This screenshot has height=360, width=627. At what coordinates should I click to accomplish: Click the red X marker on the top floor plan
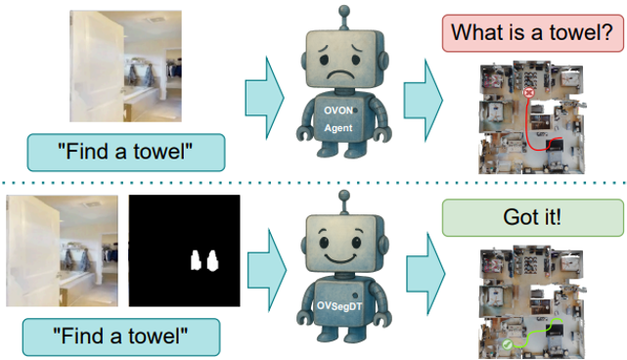coord(528,93)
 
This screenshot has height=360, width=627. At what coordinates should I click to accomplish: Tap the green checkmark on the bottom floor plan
coord(507,344)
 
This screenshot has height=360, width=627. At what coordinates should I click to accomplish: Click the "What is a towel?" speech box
coord(532,33)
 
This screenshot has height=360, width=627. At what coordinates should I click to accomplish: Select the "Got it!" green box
coord(532,217)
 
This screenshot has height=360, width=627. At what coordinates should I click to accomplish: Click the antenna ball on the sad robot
coord(344,11)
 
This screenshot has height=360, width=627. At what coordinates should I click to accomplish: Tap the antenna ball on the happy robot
coord(344,196)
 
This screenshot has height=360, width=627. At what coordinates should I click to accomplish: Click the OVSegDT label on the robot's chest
coord(339,306)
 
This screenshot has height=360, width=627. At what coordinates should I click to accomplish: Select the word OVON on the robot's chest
coord(338,111)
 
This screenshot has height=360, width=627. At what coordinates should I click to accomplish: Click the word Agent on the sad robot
coord(338,128)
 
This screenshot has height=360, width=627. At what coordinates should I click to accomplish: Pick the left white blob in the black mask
coord(195,260)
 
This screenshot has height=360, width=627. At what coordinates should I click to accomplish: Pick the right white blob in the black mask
coord(212,261)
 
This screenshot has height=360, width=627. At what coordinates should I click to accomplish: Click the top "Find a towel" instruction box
coord(126,153)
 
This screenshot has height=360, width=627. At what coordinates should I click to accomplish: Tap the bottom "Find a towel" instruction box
coord(121,337)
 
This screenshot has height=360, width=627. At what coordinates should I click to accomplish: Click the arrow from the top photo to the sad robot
coord(264,98)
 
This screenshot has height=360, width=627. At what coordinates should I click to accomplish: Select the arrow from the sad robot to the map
coord(424,100)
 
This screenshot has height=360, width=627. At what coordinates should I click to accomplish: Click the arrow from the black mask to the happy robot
coord(267,270)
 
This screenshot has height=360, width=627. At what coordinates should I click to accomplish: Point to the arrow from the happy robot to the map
coord(425,274)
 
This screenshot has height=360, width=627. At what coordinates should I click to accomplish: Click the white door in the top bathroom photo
coord(97,66)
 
